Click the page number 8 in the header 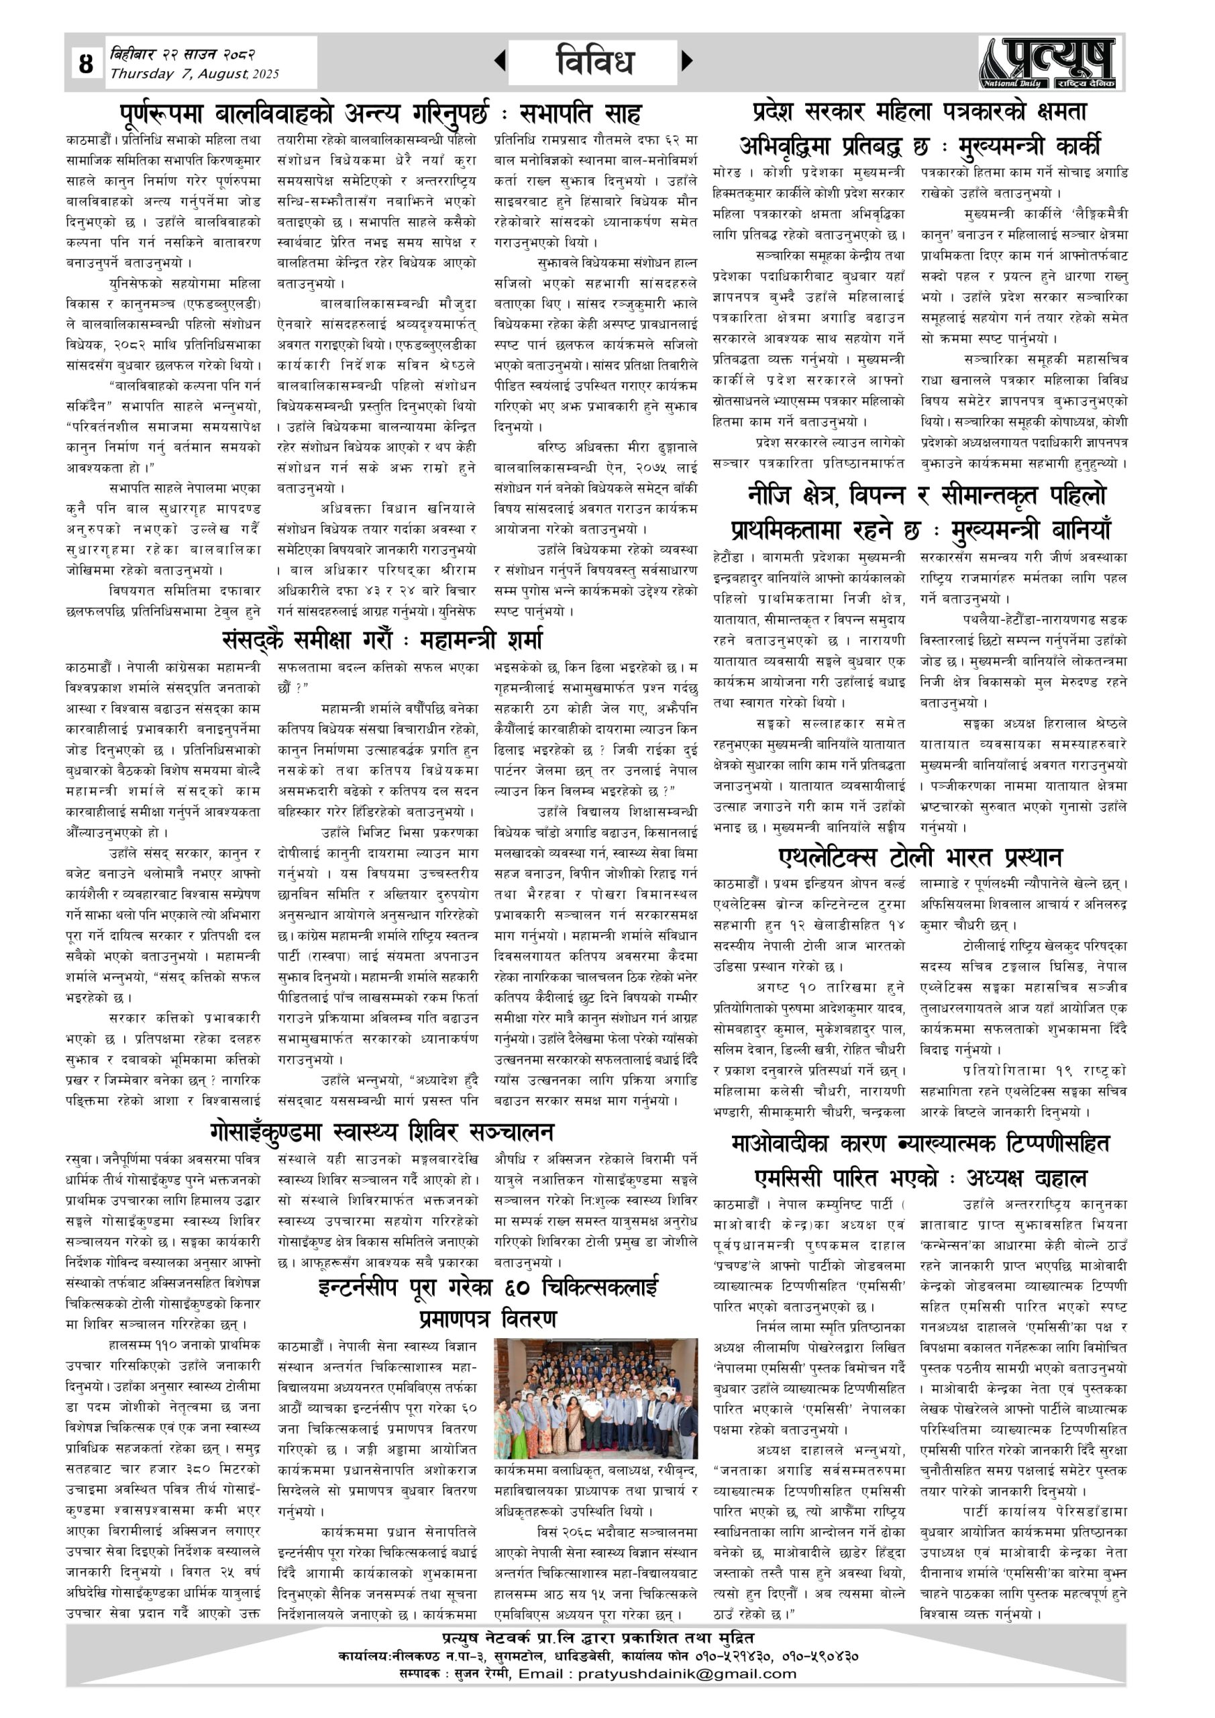(86, 63)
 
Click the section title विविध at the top (595, 61)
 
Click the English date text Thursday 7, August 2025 (195, 74)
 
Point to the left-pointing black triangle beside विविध (500, 60)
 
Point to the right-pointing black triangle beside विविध (688, 60)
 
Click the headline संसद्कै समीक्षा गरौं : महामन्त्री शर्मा (382, 640)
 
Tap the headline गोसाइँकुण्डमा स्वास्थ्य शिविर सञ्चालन (382, 1131)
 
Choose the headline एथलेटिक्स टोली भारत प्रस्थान (920, 856)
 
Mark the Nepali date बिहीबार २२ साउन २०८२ (182, 54)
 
